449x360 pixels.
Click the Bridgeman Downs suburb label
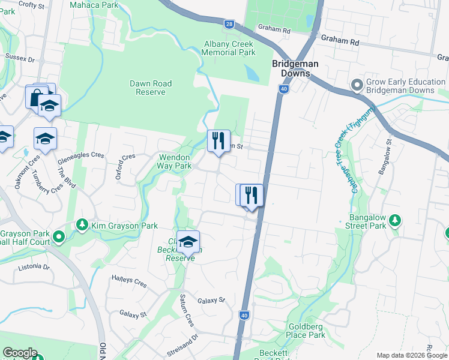pyautogui.click(x=295, y=68)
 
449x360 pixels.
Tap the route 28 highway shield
pyautogui.click(x=229, y=24)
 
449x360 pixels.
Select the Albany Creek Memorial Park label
pyautogui.click(x=228, y=49)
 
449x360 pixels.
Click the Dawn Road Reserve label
pyautogui.click(x=151, y=88)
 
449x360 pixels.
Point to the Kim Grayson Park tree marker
pyautogui.click(x=82, y=225)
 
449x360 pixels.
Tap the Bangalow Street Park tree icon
pyautogui.click(x=394, y=220)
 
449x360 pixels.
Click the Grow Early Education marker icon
pyautogui.click(x=357, y=85)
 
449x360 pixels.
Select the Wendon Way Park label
pyautogui.click(x=175, y=161)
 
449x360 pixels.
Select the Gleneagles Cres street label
pyautogui.click(x=81, y=155)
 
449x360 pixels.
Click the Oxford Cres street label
pyautogui.click(x=125, y=166)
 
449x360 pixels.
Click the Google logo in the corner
pyautogui.click(x=20, y=353)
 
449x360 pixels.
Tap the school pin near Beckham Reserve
pyautogui.click(x=188, y=242)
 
